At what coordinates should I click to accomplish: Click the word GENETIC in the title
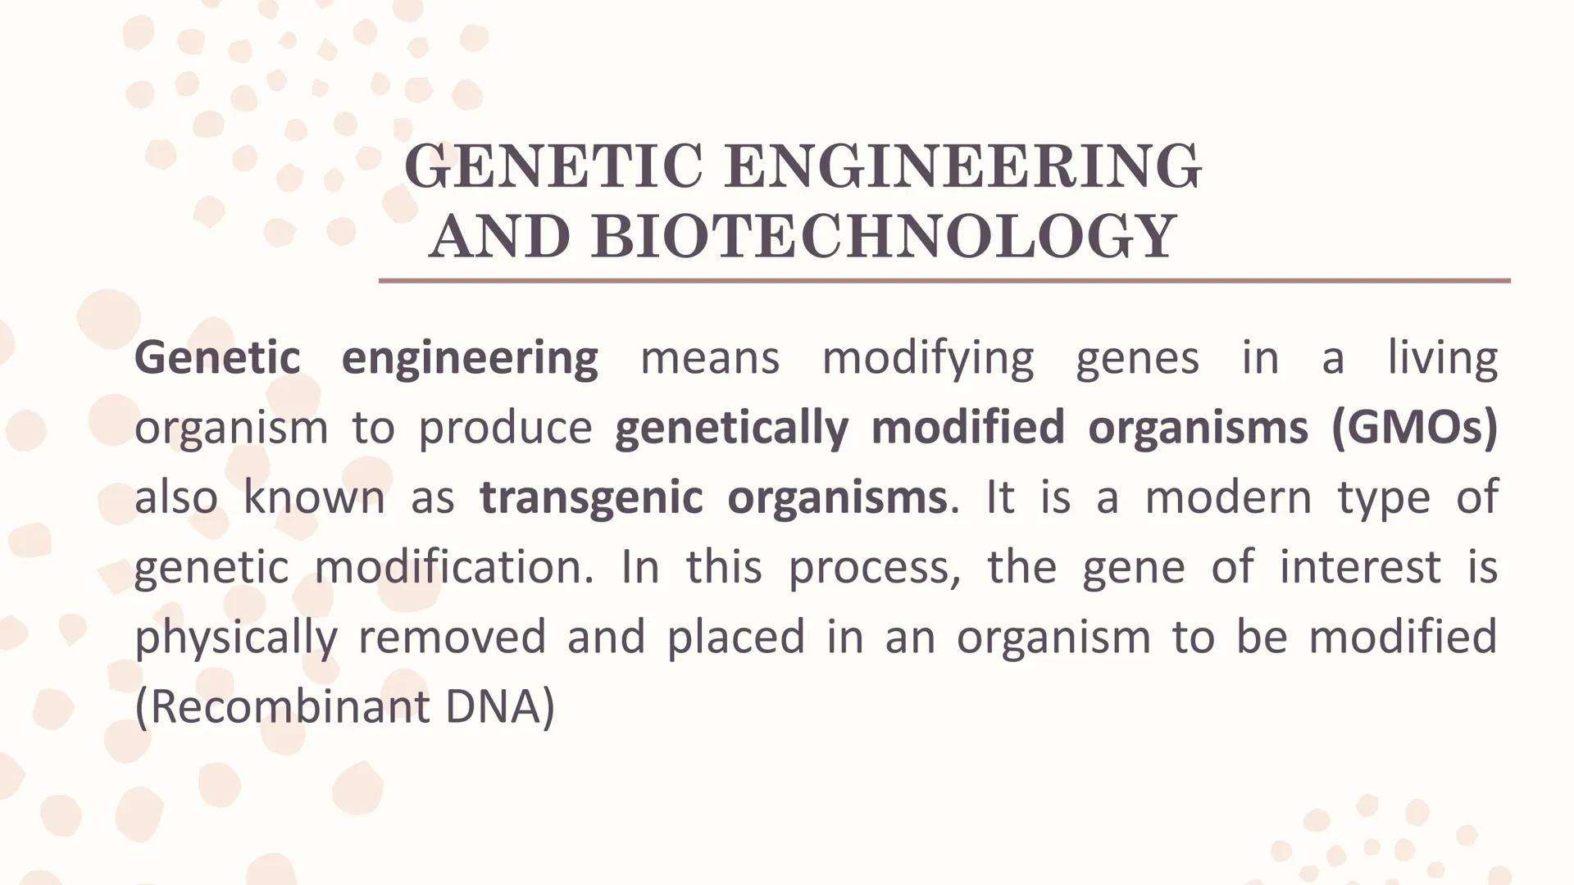click(x=553, y=166)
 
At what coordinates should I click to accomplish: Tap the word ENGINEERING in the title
click(x=963, y=166)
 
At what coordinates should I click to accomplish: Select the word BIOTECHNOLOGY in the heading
click(x=884, y=237)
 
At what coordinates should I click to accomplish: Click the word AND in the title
click(x=498, y=237)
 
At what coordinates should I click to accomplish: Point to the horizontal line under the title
click(x=944, y=280)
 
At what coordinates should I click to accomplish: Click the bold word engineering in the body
click(x=469, y=359)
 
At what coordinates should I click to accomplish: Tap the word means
click(x=709, y=358)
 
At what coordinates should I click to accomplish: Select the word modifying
click(x=928, y=359)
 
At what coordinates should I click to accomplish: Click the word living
click(x=1442, y=359)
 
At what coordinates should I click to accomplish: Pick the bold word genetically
click(x=731, y=429)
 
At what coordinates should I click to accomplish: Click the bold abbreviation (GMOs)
click(x=1414, y=428)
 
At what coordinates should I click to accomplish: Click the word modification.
click(x=454, y=567)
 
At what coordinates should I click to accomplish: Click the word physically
click(x=236, y=638)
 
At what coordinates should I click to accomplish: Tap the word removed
click(x=452, y=637)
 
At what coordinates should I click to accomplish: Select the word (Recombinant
click(x=282, y=706)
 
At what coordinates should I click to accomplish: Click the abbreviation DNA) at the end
click(x=500, y=706)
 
